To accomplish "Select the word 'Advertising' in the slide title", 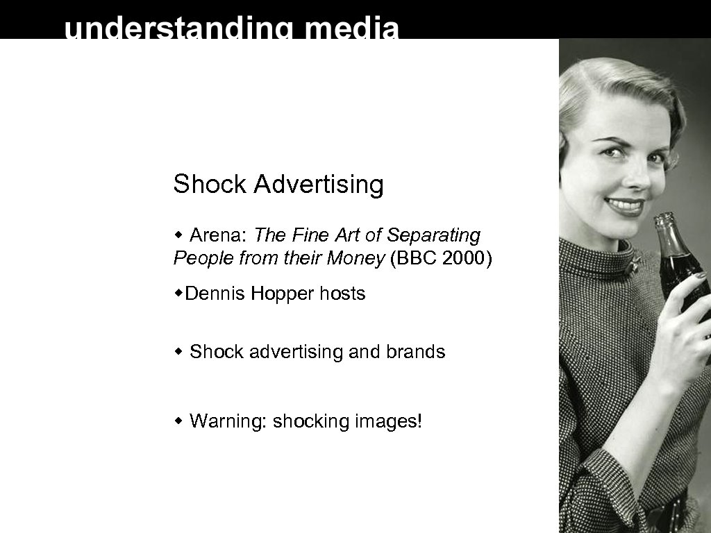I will click(x=319, y=185).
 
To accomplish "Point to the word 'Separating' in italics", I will click(x=433, y=236).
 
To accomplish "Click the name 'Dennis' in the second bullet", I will click(x=215, y=294).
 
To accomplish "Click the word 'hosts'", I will click(x=342, y=294).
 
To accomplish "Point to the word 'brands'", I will click(x=416, y=352).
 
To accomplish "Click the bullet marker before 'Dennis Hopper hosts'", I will click(x=179, y=294).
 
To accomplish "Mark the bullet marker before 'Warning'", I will click(x=179, y=421).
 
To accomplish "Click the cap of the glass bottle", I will click(x=663, y=217).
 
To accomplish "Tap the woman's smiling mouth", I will click(x=625, y=205).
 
